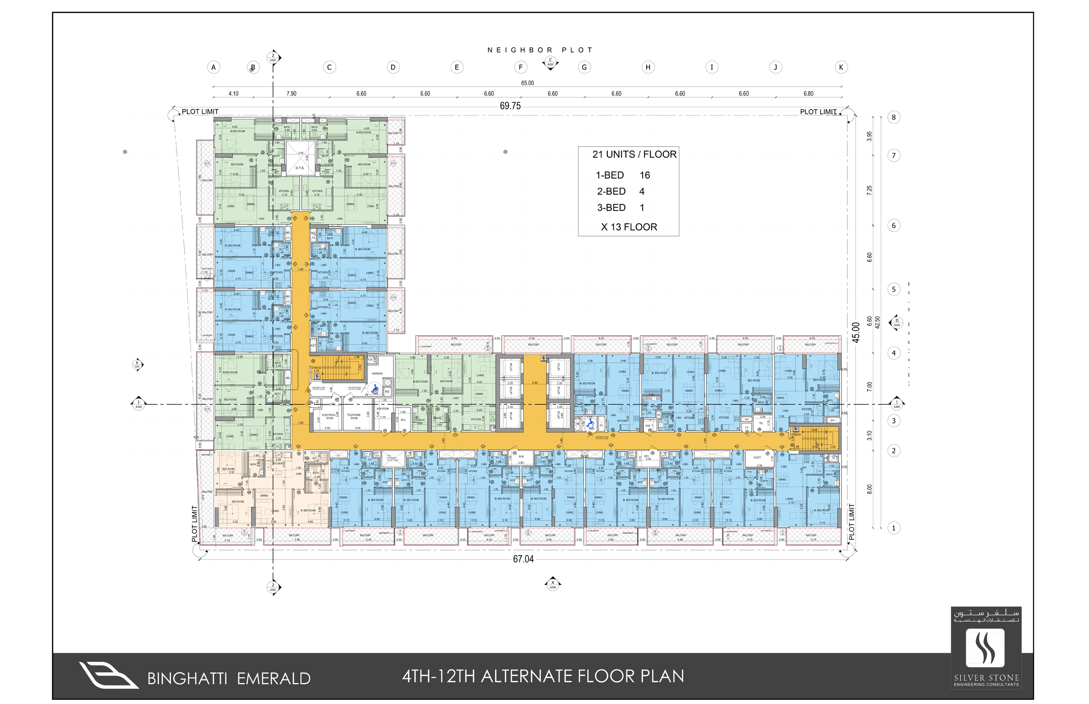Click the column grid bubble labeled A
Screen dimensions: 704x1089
coord(213,67)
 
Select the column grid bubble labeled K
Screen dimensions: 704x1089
coord(841,67)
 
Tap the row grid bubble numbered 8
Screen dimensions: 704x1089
coord(893,117)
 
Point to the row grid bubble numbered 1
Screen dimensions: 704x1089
coord(893,528)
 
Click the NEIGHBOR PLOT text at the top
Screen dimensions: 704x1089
coord(539,50)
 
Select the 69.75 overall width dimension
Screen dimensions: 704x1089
coord(510,106)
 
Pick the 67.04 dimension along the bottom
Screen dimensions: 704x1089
coord(523,559)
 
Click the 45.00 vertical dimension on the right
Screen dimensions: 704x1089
coord(856,332)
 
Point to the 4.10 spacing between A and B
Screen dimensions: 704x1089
coord(233,94)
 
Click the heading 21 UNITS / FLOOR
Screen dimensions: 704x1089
coord(634,155)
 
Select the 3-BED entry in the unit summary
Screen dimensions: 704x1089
coord(611,207)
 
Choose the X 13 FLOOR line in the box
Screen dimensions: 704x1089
coord(629,227)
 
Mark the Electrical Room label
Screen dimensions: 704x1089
coord(328,417)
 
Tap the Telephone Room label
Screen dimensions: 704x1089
coord(354,417)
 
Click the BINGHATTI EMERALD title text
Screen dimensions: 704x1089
coord(228,678)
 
